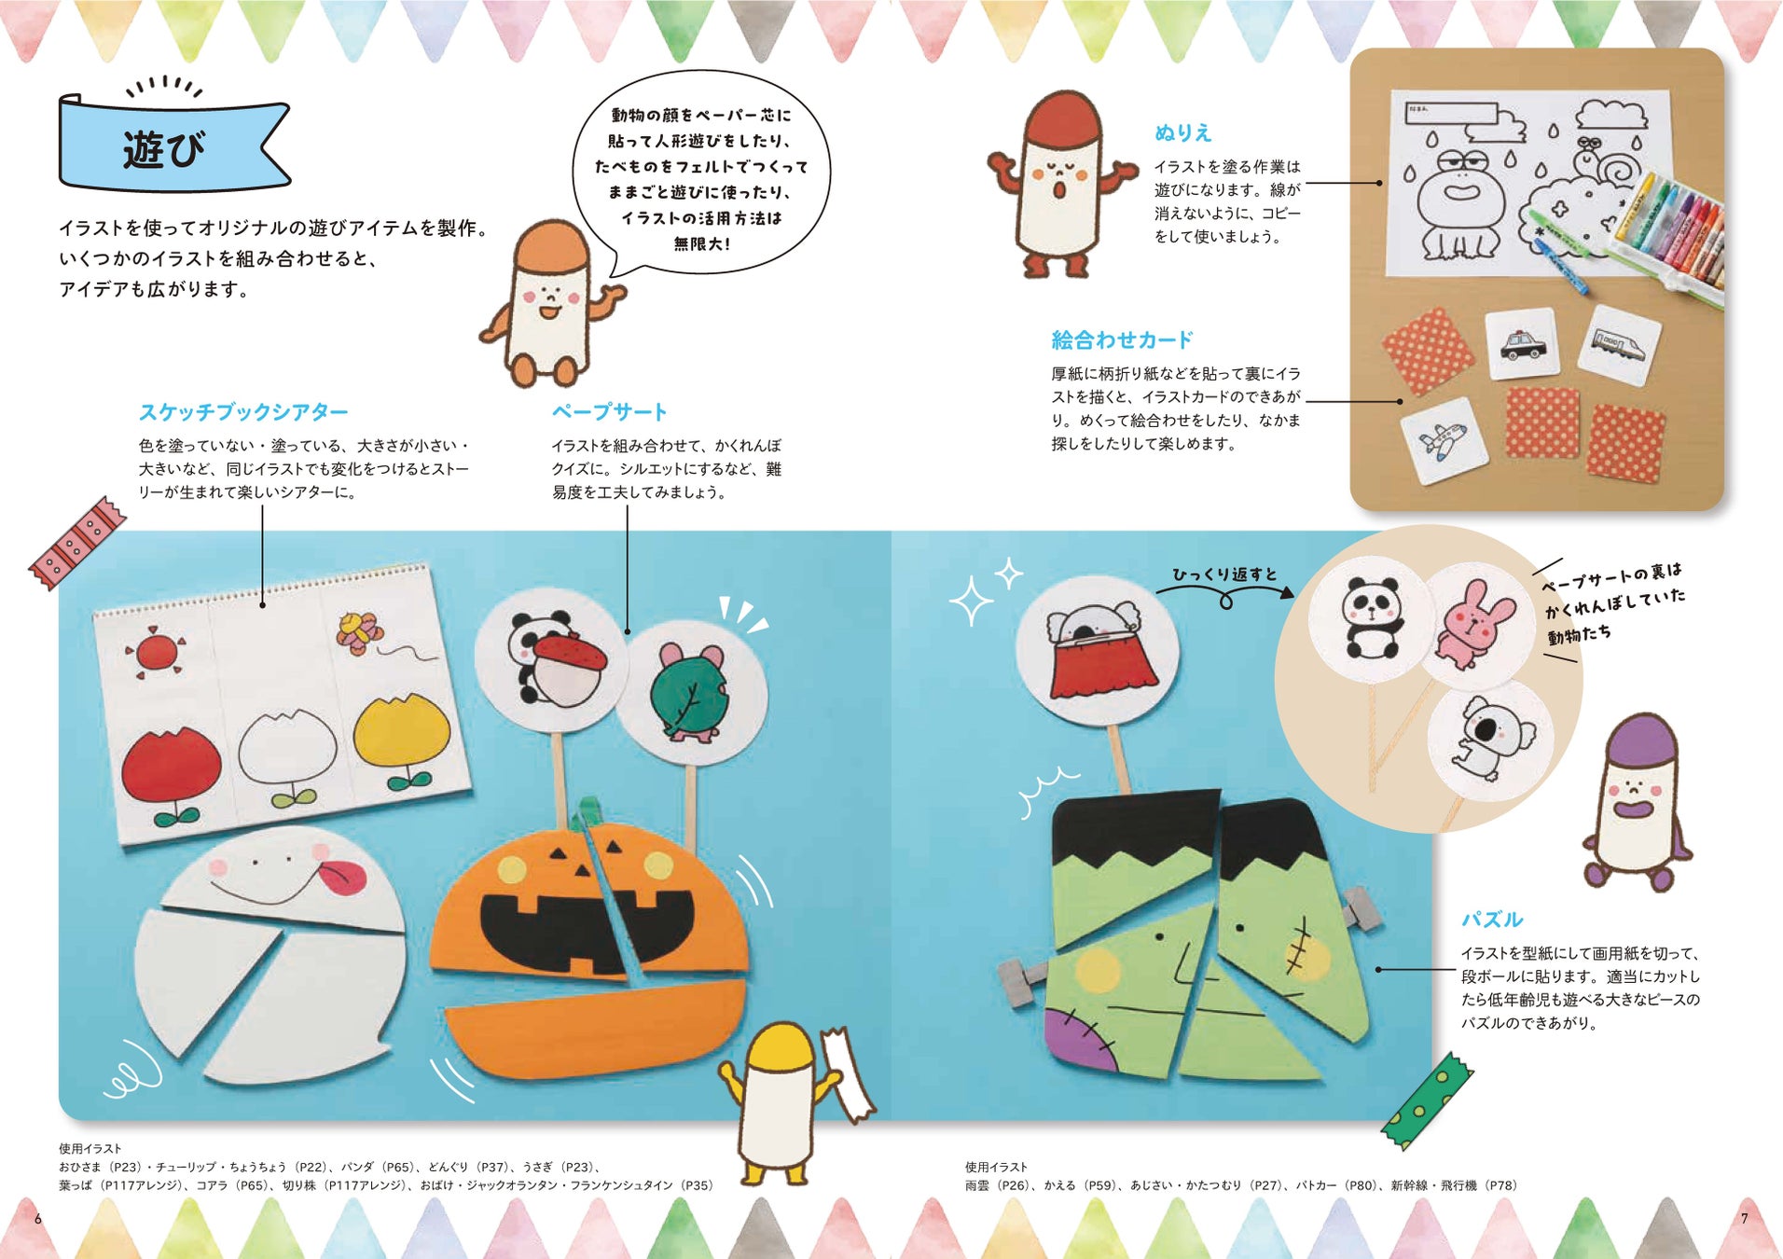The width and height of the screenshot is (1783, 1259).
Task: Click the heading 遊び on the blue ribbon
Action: pos(164,149)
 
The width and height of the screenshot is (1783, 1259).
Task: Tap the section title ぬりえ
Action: pos(1182,133)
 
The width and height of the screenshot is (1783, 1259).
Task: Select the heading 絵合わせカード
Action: pos(1122,339)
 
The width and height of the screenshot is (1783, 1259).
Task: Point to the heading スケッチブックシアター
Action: pos(243,411)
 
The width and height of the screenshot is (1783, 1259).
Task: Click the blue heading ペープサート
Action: pos(610,411)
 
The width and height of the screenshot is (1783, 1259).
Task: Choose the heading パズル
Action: pos(1491,920)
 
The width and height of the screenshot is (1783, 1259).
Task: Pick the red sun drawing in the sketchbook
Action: pos(157,651)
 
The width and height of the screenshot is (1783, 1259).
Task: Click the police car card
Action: pos(1522,343)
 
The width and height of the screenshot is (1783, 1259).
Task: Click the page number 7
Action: pos(1745,1218)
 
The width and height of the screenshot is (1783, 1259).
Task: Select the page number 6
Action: pos(37,1218)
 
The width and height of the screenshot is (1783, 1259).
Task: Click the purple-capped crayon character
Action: pos(1638,803)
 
